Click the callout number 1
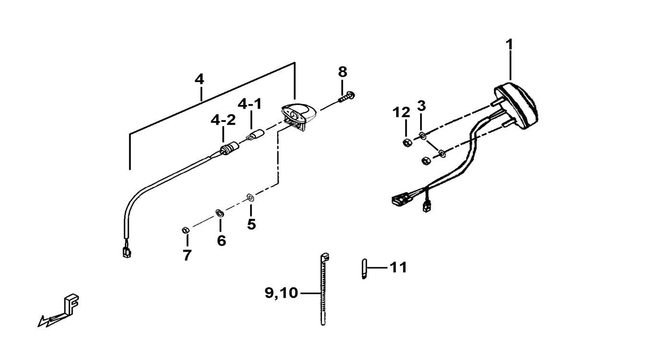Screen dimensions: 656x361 (x=509, y=45)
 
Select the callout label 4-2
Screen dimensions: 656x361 (x=223, y=120)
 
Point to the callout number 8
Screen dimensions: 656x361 (x=342, y=72)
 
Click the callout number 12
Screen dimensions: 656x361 (x=401, y=112)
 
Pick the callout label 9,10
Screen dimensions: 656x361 (x=282, y=293)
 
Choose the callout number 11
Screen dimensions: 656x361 (x=398, y=267)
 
